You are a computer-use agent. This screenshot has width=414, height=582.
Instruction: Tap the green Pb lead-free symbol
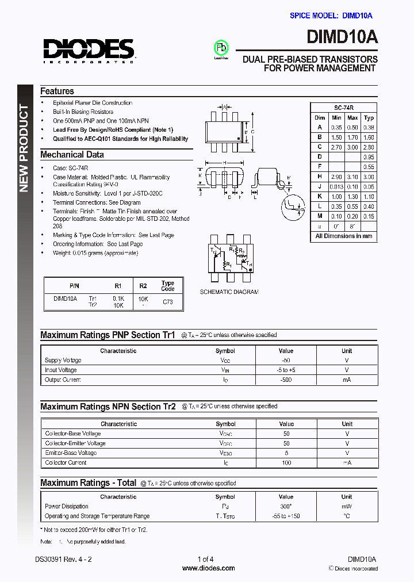pyautogui.click(x=221, y=47)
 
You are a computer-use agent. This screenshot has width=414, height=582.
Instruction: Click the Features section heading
pyautogui.click(x=57, y=91)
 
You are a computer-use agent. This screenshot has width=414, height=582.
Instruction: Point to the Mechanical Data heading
pyautogui.click(x=72, y=154)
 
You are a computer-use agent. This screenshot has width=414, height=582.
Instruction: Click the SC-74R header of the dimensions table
pyautogui.click(x=344, y=108)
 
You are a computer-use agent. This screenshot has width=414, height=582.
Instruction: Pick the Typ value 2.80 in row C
pyautogui.click(x=369, y=147)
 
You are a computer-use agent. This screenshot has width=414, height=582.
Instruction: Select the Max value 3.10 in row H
pyautogui.click(x=352, y=177)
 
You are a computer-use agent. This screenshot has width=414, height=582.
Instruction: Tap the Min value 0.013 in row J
pyautogui.click(x=336, y=186)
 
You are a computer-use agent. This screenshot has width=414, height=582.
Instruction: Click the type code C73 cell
pyautogui.click(x=168, y=301)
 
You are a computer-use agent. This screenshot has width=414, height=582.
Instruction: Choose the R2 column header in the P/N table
pyautogui.click(x=143, y=285)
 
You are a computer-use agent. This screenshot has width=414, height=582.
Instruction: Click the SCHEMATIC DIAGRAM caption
pyautogui.click(x=229, y=292)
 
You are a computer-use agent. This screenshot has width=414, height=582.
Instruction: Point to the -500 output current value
pyautogui.click(x=286, y=380)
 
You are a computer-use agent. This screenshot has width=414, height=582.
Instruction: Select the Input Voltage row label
pyautogui.click(x=60, y=370)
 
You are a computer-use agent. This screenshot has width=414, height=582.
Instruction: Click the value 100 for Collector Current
pyautogui.click(x=286, y=462)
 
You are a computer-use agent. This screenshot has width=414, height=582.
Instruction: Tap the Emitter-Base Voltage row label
pyautogui.click(x=71, y=453)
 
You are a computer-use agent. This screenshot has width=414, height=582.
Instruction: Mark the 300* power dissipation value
pyautogui.click(x=286, y=506)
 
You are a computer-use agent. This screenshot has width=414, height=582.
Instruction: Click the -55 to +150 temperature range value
pyautogui.click(x=286, y=516)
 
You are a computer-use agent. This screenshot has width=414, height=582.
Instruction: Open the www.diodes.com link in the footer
pyautogui.click(x=208, y=568)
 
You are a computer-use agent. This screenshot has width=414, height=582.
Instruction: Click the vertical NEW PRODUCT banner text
pyautogui.click(x=25, y=148)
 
